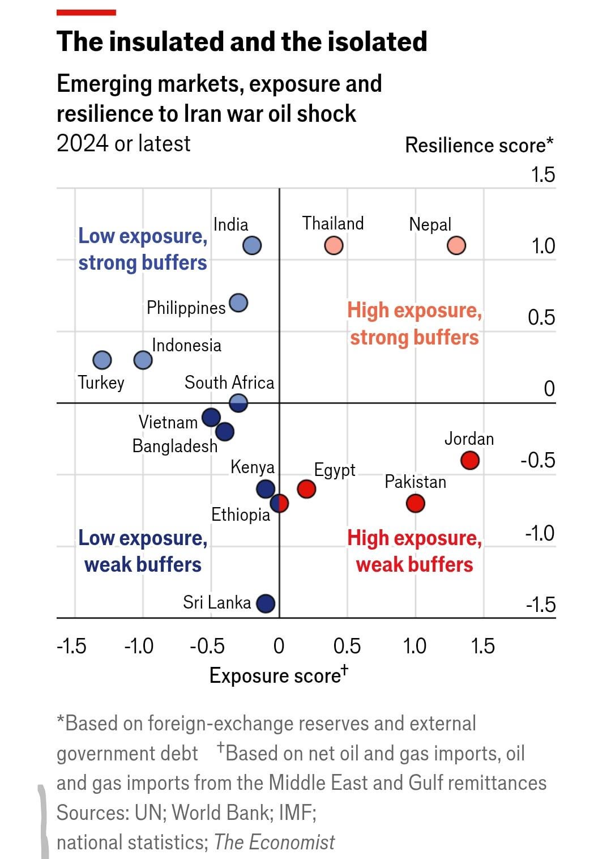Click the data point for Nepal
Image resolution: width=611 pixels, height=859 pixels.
(456, 246)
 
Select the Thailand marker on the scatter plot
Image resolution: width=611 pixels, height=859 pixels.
(334, 246)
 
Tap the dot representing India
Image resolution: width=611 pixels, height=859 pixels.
(252, 246)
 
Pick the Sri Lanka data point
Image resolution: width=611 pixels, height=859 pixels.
(266, 604)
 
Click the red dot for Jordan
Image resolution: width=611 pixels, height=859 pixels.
(469, 460)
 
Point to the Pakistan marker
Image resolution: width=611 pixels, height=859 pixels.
(416, 503)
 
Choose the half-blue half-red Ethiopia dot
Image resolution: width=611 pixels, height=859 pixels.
(279, 503)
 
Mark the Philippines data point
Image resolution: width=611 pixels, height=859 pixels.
(238, 304)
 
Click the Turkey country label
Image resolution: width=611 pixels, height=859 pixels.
(101, 382)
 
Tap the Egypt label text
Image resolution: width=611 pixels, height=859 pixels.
(335, 470)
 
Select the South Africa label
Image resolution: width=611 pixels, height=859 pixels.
(229, 382)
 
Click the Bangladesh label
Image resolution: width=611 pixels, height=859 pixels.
(174, 446)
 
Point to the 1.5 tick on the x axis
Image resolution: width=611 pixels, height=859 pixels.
(483, 646)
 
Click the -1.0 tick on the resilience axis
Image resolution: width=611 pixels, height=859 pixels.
(540, 533)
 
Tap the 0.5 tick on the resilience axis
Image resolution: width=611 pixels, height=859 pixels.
(541, 317)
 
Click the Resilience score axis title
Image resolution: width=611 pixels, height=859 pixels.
(479, 146)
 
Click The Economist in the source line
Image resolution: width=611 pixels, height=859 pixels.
(275, 842)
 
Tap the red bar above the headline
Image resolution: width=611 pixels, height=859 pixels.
(86, 12)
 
